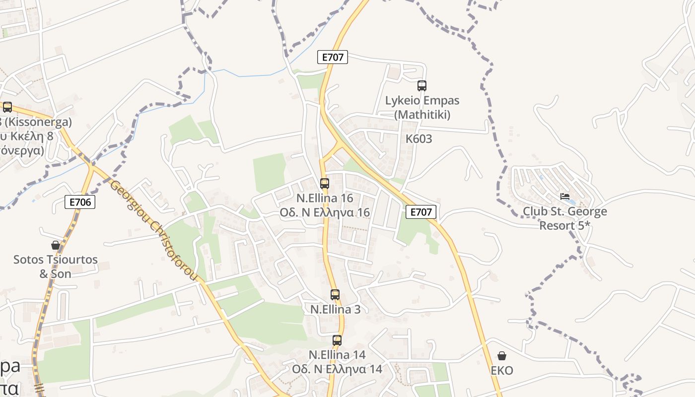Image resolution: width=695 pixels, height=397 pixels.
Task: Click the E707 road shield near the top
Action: coord(333,57)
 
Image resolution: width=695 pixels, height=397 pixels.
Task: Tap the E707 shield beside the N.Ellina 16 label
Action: coord(421,212)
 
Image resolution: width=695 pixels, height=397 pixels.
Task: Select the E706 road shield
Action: coord(80,201)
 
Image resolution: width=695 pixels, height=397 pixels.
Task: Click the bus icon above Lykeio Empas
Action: coord(421,86)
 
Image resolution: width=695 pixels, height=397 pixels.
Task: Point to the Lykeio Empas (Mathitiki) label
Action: coord(422,107)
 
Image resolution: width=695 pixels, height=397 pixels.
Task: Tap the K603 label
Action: coord(418,139)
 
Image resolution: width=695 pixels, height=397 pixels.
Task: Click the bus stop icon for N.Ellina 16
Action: coord(325,184)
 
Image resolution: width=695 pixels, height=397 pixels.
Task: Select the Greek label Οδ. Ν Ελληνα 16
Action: coord(325,212)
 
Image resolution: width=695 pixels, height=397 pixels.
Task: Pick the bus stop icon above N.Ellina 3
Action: coord(335,295)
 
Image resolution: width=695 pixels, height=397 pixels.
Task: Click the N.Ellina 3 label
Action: coord(335,309)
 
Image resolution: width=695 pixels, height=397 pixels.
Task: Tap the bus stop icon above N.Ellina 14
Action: coord(337,340)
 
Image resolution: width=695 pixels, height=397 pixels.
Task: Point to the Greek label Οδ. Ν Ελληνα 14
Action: coord(337,369)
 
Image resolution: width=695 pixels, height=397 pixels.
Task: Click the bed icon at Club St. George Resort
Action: coord(565,197)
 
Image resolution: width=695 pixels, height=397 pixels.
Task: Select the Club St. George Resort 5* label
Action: coord(565,218)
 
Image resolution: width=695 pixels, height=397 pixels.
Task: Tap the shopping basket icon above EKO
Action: coord(502,356)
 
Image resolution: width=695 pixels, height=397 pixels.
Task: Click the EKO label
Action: coord(502,371)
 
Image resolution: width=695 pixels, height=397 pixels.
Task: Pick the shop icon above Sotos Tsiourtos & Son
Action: coord(56,245)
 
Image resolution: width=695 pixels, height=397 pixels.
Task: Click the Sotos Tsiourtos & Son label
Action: coord(56,266)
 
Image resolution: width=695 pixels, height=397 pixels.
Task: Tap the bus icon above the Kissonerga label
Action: coord(7,107)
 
